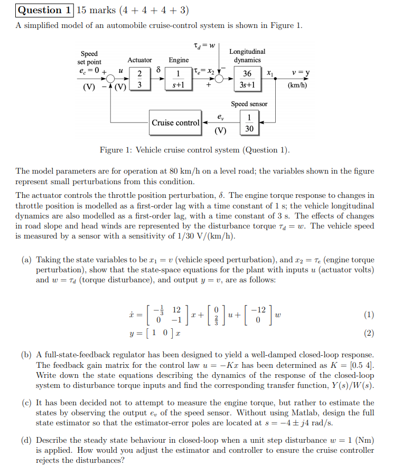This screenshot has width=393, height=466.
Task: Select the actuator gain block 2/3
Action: pos(139,78)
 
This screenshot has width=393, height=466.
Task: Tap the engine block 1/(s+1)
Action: pos(179,78)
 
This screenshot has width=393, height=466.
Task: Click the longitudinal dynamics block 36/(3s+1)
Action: pos(247,78)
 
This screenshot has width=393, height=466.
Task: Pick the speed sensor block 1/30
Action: pos(249,122)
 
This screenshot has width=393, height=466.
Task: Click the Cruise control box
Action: pos(175,123)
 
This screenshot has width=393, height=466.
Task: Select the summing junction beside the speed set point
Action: pos(111,78)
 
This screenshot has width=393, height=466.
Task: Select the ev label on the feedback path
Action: pos(220,117)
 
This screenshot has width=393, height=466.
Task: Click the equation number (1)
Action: pos(369,315)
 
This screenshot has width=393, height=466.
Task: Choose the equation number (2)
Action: pos(369,333)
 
